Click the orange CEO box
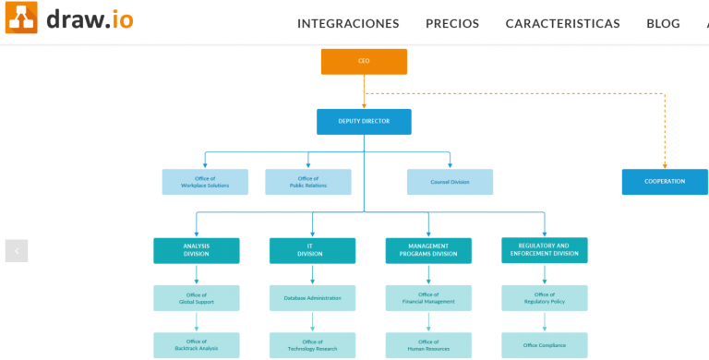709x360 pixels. point(364,61)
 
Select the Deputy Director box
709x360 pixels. point(364,122)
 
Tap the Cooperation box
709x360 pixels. point(665,182)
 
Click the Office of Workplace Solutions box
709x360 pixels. point(205,182)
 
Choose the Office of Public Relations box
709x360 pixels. point(308,182)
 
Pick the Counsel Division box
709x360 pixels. point(450,182)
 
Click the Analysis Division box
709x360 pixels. point(197,250)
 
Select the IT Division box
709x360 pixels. point(312,250)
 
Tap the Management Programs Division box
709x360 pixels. point(428,250)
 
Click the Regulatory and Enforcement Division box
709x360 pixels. point(545,250)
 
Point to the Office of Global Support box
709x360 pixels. point(197,298)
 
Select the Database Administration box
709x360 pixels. point(312,298)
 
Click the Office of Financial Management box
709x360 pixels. point(428,298)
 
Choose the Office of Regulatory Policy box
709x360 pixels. point(545,298)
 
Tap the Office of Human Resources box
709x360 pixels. point(428,345)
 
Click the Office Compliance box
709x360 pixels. point(545,345)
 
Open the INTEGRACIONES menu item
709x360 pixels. point(348,23)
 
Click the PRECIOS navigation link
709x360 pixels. point(452,23)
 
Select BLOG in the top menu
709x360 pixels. point(663,23)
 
